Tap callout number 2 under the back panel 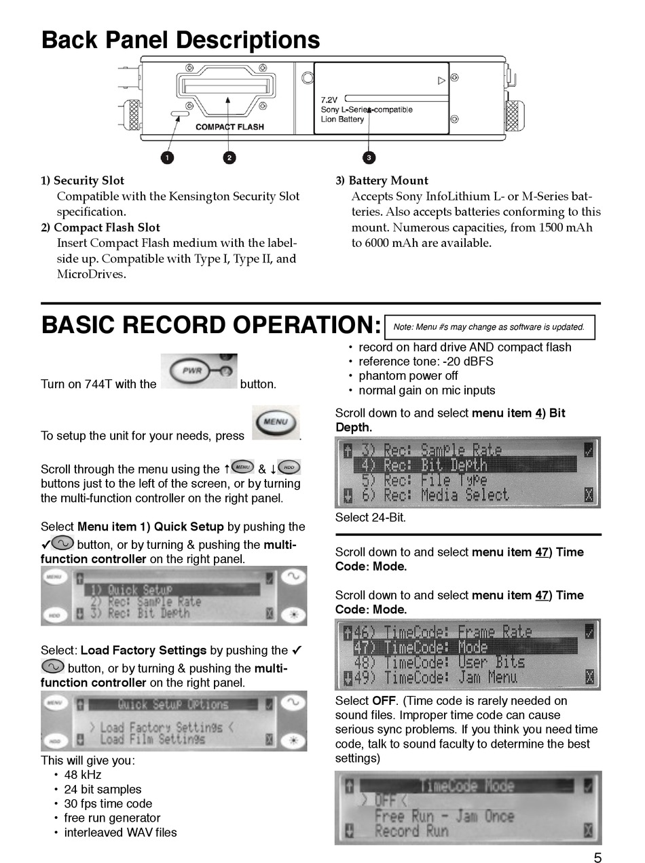pos(229,157)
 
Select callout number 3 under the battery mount pos(369,157)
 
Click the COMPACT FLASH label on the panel pos(229,127)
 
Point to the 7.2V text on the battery pos(330,100)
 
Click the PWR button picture pos(199,372)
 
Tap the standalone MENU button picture pos(275,423)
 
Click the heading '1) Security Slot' pos(82,180)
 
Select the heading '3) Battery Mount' pos(382,180)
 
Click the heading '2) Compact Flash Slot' pos(100,227)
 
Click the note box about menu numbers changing pos(489,327)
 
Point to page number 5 pos(597,858)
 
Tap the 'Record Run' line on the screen pos(411,830)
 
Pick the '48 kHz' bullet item pos(83,775)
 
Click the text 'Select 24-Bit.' pos(371,518)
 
